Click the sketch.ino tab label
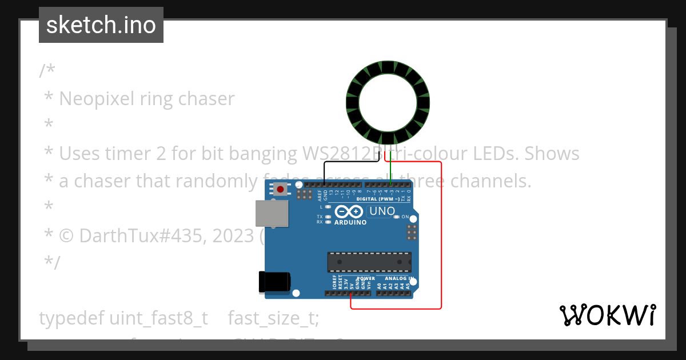(x=101, y=25)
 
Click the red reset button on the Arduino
(x=281, y=189)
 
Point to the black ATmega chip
(x=369, y=262)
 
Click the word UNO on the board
(x=382, y=211)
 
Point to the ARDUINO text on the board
(x=350, y=222)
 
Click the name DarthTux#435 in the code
(x=142, y=235)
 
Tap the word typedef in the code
(x=71, y=318)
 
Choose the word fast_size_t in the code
(x=273, y=318)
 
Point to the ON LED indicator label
(x=404, y=217)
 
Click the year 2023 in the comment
(x=234, y=235)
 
